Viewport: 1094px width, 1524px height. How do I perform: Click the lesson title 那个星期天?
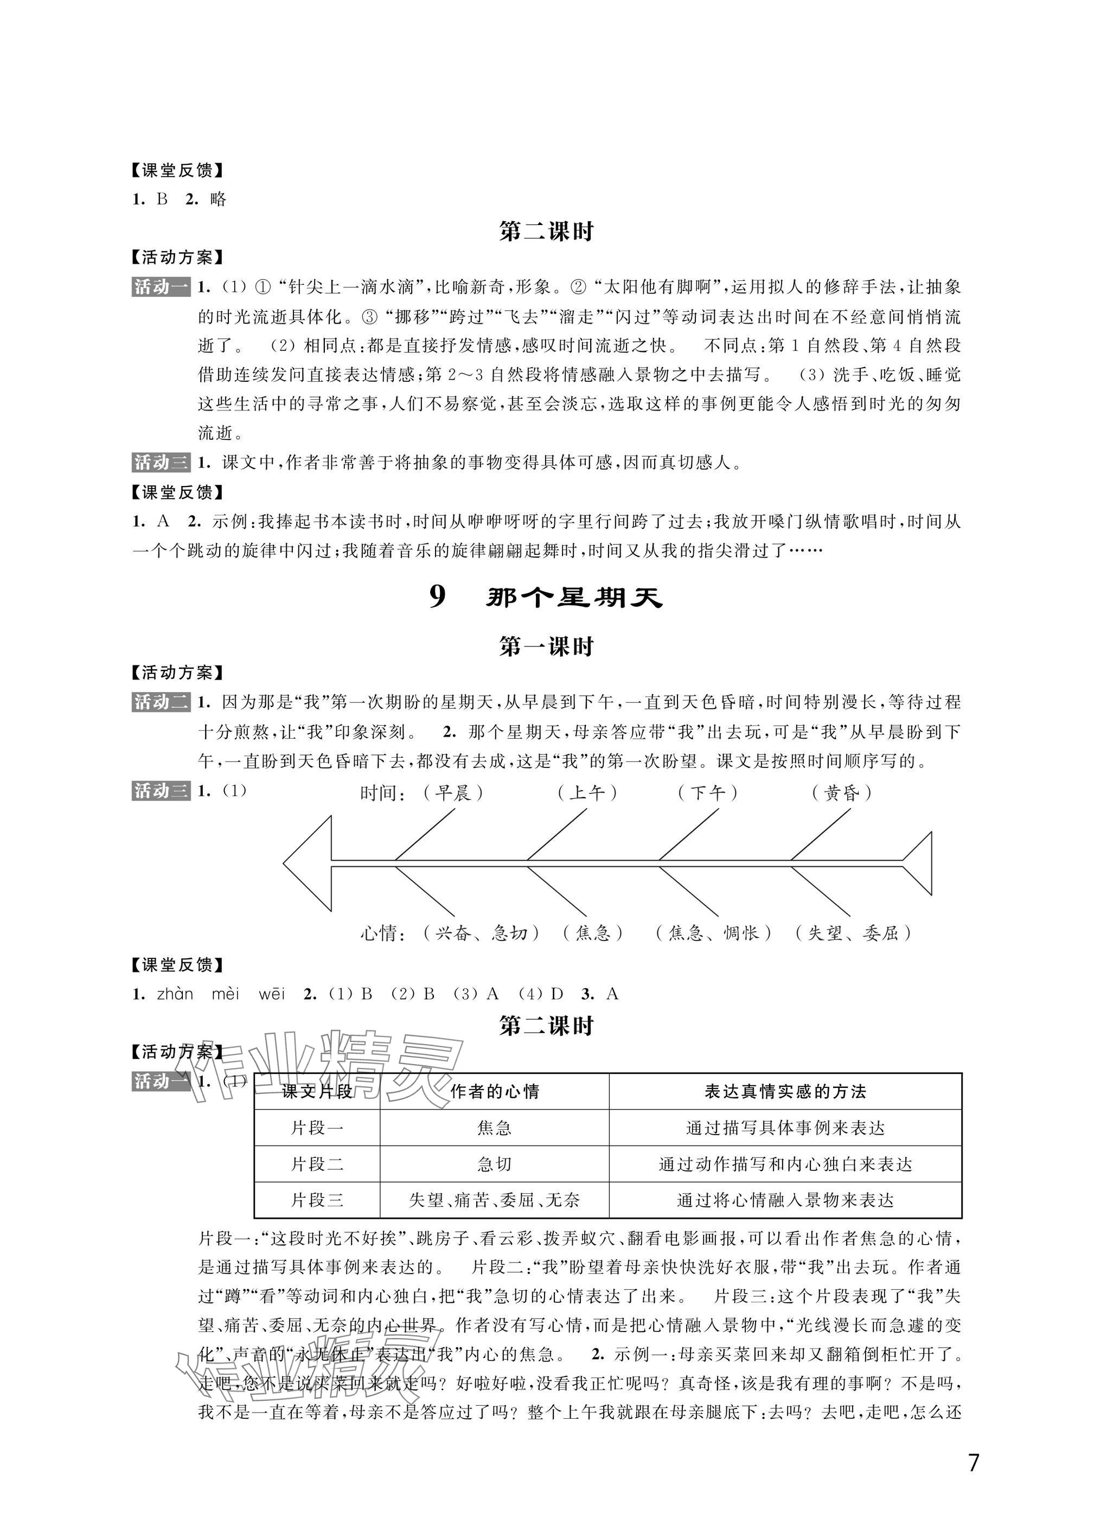pos(574,597)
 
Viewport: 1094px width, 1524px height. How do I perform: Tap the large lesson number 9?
pos(438,597)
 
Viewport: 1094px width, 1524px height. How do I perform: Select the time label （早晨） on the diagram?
pos(453,793)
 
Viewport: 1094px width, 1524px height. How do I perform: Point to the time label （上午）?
pos(587,793)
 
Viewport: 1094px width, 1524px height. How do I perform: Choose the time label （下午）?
pos(708,793)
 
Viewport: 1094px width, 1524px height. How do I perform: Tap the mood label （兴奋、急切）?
pos(482,933)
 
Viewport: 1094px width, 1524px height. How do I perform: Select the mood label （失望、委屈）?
pos(853,933)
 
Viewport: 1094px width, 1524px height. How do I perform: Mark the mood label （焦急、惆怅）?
pos(714,933)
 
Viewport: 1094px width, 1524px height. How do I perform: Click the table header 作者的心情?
pos(495,1091)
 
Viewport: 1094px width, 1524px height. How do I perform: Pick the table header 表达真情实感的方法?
pos(785,1091)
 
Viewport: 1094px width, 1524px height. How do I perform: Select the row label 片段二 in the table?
pos(317,1164)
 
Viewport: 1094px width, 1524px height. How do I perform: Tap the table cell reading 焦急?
pos(495,1128)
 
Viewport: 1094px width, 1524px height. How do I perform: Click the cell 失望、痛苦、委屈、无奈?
pos(495,1200)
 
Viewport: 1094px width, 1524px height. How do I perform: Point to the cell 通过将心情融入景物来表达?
pos(785,1200)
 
